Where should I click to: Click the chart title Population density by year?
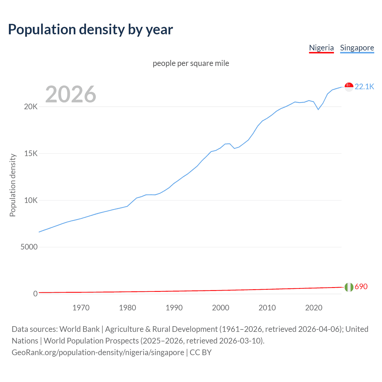tap(90, 30)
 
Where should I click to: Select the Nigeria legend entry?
tap(321, 48)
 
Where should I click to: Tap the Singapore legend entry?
tap(357, 48)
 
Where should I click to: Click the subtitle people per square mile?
tap(191, 63)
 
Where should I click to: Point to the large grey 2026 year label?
tap(71, 94)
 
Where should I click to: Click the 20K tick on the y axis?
tap(31, 107)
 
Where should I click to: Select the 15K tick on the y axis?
tap(31, 154)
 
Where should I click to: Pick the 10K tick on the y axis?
tap(31, 200)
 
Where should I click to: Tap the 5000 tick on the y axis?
tap(29, 247)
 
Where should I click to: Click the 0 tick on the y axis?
tap(35, 294)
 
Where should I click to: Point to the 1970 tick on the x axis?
tap(81, 308)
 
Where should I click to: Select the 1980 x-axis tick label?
tap(127, 308)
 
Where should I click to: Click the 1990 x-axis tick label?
tap(174, 308)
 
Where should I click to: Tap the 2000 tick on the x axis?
tap(221, 308)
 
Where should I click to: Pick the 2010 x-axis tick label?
tap(267, 308)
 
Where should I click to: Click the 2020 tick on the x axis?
tap(314, 308)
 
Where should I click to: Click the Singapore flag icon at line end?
tap(349, 87)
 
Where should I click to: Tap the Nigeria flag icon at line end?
tap(349, 287)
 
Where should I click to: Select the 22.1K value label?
tap(364, 87)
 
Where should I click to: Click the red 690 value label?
tap(361, 286)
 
